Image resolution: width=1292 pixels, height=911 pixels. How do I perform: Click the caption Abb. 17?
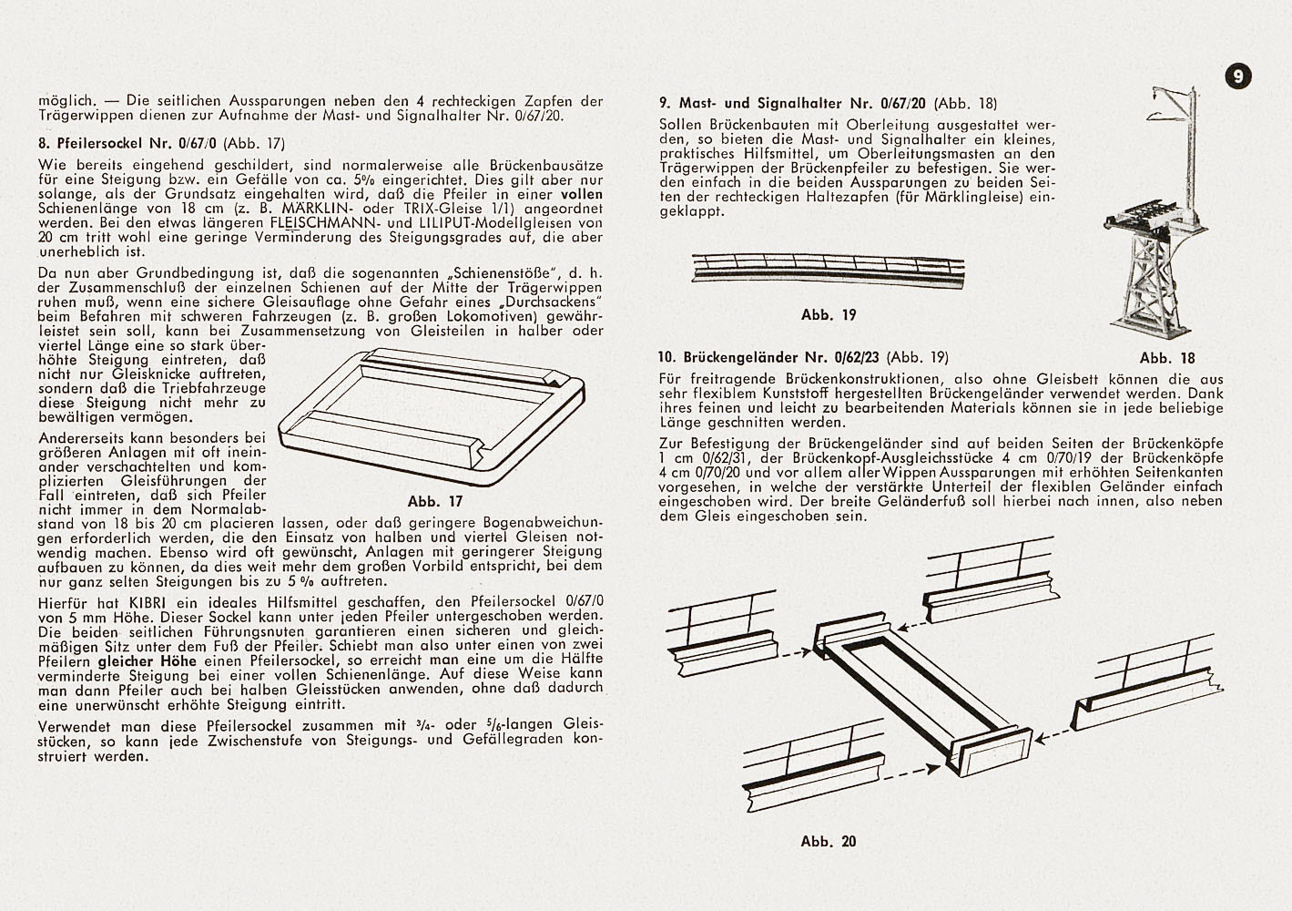point(435,501)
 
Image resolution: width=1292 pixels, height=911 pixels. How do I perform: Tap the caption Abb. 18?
point(1166,358)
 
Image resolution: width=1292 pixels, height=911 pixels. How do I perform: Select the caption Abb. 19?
point(829,314)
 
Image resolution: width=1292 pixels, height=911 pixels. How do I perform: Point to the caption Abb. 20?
point(829,842)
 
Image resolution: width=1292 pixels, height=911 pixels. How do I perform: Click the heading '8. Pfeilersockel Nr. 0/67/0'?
point(128,142)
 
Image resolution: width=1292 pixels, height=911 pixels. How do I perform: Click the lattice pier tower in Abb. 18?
point(1145,292)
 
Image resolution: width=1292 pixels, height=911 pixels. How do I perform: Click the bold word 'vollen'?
point(580,194)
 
